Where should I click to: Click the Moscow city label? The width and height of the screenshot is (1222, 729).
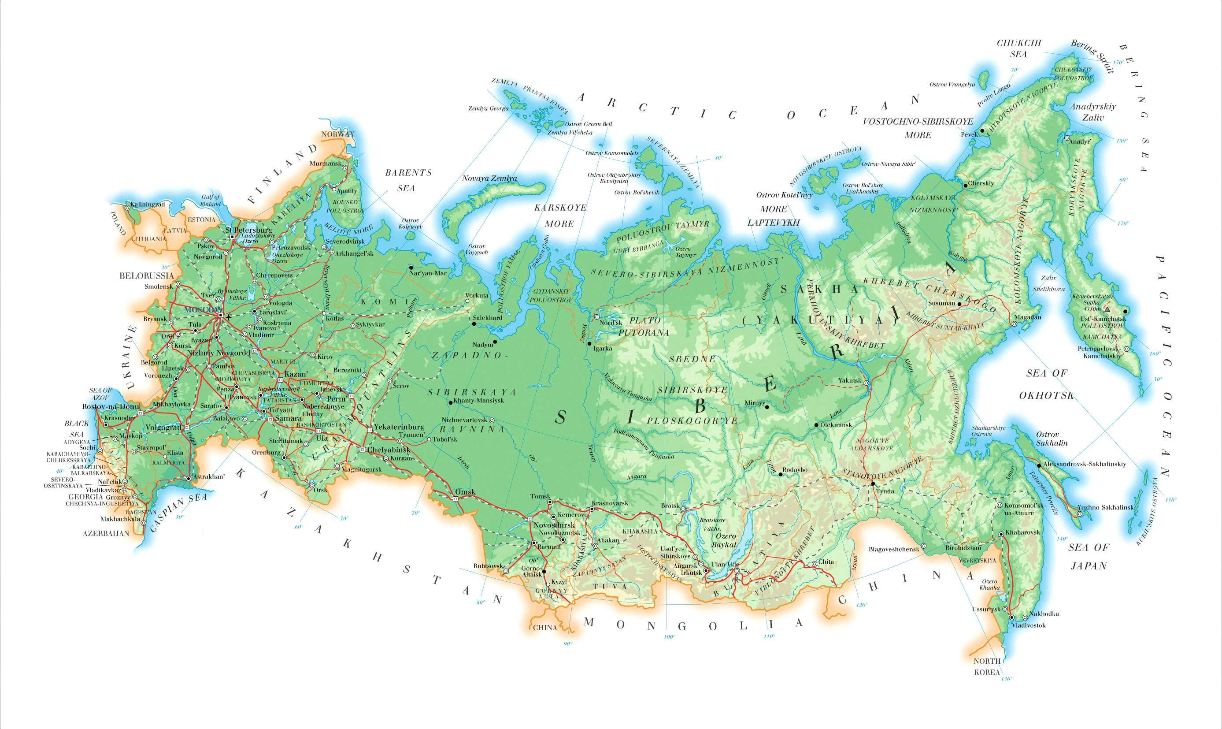point(202,309)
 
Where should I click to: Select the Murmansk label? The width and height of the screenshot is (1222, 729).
point(325,163)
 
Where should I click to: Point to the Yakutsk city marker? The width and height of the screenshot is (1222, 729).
point(867,383)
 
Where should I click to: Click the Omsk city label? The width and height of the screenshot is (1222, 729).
point(466,492)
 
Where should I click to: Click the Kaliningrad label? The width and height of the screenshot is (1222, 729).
point(147,204)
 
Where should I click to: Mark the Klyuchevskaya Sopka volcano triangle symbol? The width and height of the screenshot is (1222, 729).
point(1107,309)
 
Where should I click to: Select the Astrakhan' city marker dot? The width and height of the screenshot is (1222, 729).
point(189,478)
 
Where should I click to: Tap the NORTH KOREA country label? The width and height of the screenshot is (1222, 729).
point(987,666)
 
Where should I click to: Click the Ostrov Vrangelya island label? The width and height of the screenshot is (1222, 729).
point(952,85)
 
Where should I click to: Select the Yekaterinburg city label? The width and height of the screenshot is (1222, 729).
point(399,427)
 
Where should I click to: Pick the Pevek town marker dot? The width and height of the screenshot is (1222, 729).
point(982,130)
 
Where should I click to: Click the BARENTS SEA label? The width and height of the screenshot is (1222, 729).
point(407,180)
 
